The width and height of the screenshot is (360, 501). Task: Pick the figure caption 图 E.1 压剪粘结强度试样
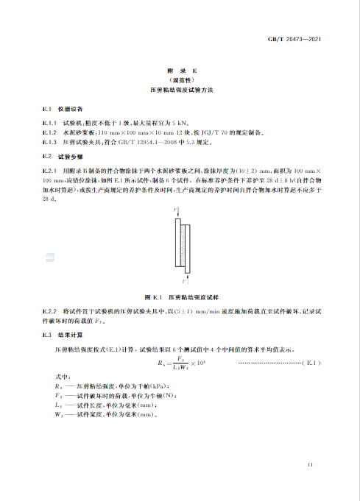coord(180,296)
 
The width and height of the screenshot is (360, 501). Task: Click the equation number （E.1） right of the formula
coord(310,363)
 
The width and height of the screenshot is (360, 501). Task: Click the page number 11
coord(311,464)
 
